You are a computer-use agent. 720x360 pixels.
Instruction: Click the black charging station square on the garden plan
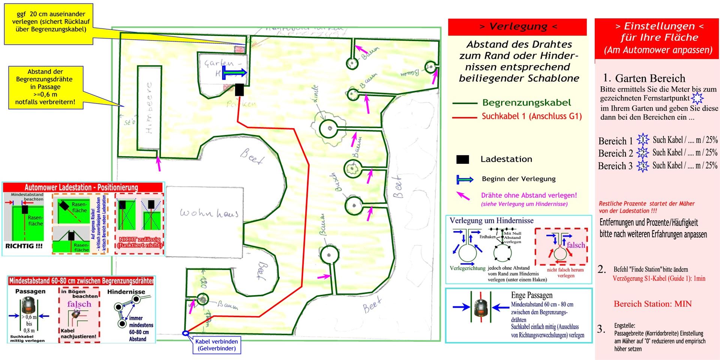[239, 90]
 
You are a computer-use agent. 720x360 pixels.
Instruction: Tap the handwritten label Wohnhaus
[209, 213]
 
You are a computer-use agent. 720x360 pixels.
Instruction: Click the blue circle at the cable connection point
[185, 333]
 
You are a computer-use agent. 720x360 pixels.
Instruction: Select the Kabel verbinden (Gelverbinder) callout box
[217, 345]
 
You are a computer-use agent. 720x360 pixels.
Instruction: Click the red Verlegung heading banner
[517, 27]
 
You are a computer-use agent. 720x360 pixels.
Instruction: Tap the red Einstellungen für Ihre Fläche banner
[657, 37]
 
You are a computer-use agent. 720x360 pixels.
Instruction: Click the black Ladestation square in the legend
[462, 159]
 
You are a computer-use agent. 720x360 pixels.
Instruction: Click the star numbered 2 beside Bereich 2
[642, 153]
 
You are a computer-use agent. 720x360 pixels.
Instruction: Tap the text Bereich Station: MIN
[652, 304]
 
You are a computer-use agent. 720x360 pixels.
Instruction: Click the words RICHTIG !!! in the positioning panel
[24, 246]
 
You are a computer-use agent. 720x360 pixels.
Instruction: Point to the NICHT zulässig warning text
[139, 242]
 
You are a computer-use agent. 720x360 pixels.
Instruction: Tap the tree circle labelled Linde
[330, 129]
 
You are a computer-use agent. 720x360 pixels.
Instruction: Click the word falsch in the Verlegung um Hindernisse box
[576, 245]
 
